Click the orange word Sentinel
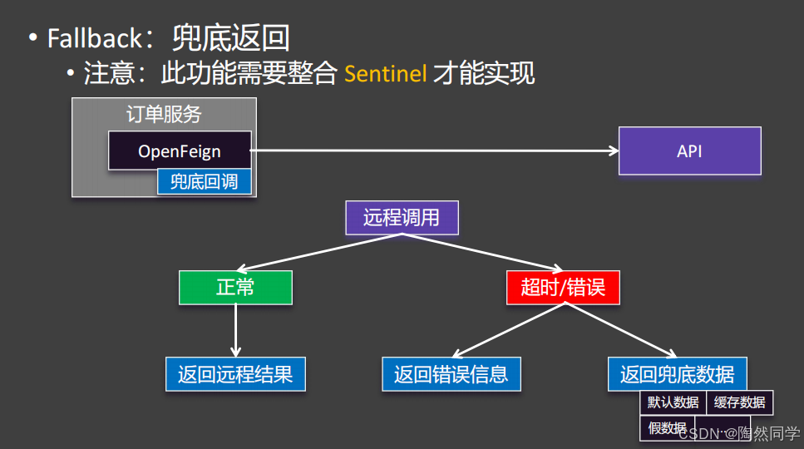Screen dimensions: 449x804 point(386,74)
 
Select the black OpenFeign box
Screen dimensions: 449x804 point(180,151)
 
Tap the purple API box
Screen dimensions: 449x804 point(689,150)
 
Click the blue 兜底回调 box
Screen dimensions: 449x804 point(204,182)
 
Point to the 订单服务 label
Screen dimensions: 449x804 point(164,114)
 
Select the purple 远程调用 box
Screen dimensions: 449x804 point(402,219)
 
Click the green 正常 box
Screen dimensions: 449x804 point(235,288)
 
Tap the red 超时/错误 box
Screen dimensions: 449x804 point(563,288)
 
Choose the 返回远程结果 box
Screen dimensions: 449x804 point(235,374)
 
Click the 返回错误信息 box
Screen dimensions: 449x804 point(451,374)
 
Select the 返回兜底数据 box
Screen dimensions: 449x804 point(677,374)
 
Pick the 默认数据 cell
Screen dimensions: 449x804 point(673,403)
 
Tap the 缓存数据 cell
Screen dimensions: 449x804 point(739,403)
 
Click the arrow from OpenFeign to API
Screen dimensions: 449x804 point(432,150)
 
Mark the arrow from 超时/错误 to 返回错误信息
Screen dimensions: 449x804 point(507,330)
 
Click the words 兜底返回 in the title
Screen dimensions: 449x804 point(230,38)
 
